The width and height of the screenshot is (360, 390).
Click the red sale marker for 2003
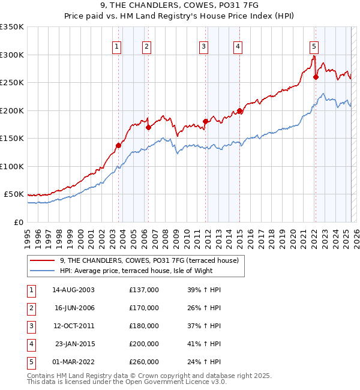pos(118,145)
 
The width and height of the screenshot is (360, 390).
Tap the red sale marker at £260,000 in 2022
pos(316,77)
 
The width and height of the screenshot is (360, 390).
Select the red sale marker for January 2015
pos(239,110)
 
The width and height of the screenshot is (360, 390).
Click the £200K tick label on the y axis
pos(12,110)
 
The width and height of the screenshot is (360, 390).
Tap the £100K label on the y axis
pos(12,166)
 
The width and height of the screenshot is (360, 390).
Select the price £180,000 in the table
pos(144,326)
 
